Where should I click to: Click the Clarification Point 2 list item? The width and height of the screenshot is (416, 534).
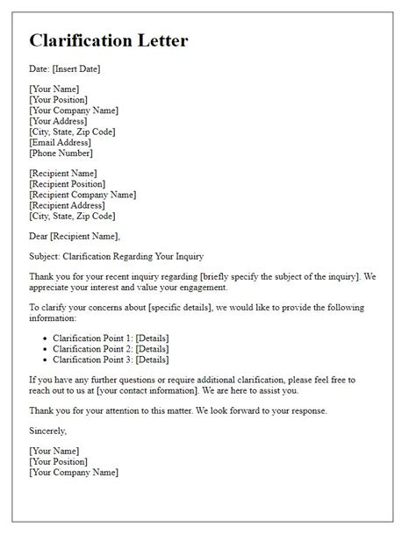tap(111, 349)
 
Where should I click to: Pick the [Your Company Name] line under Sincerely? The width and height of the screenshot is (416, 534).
tap(73, 473)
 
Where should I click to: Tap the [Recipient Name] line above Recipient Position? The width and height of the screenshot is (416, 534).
tap(63, 174)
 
